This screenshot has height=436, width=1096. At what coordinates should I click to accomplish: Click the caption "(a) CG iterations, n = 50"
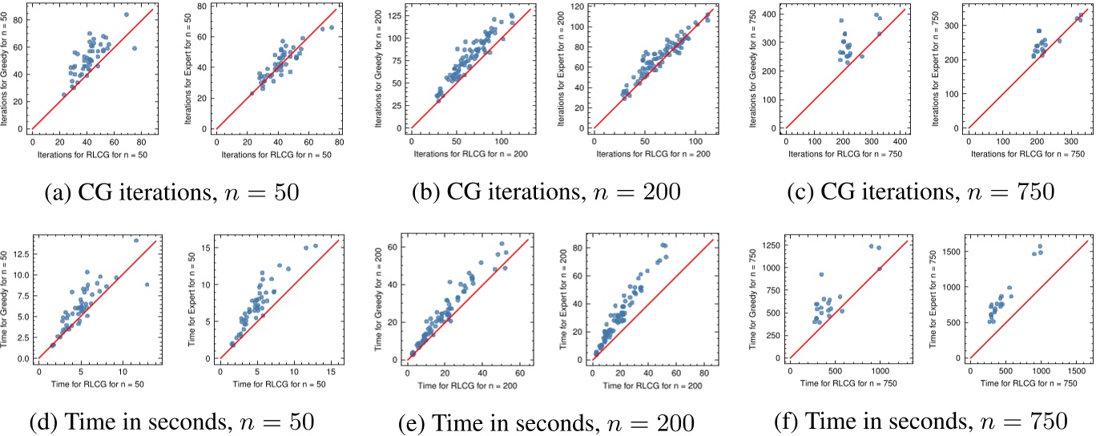tap(170, 192)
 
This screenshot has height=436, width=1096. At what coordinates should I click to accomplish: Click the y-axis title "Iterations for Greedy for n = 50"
tap(6, 70)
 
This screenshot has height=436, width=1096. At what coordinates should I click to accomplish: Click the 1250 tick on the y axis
tap(769, 246)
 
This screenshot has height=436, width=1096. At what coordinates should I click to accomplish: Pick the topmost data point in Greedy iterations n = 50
tap(127, 14)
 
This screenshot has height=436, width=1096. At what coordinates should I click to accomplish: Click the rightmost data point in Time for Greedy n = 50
tap(147, 285)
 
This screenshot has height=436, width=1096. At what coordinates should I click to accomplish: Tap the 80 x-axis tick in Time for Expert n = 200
tap(706, 372)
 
